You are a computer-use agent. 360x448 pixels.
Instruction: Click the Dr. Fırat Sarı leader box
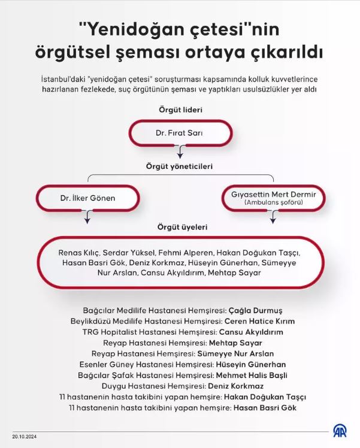tap(180, 133)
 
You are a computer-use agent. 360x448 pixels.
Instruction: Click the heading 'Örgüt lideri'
tap(180, 110)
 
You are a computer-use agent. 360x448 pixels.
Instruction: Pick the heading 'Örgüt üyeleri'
tap(180, 228)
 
